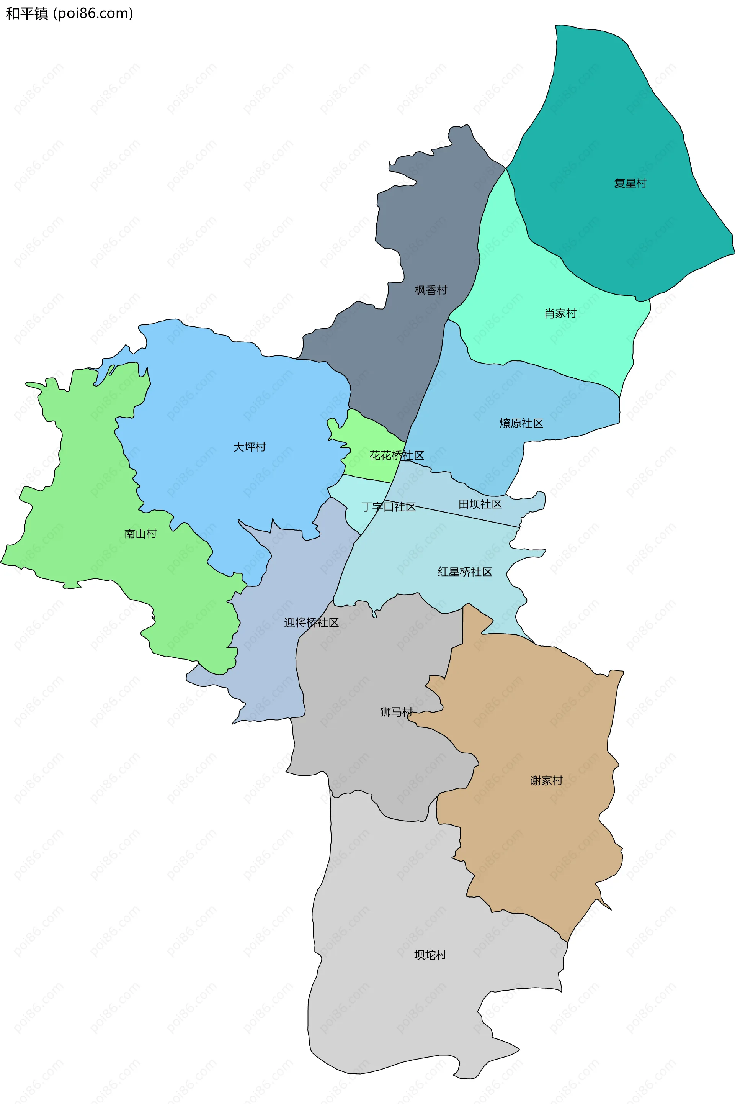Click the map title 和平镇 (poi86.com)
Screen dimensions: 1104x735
pos(69,14)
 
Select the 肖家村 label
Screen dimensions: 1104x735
pos(560,313)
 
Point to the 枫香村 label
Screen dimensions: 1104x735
pos(431,290)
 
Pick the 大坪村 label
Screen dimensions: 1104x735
pos(249,447)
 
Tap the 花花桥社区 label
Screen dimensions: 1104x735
pos(397,455)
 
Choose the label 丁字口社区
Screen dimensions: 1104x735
pos(389,507)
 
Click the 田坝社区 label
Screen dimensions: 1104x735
pos(480,504)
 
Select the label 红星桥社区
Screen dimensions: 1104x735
pos(465,572)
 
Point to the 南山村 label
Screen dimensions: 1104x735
pos(140,534)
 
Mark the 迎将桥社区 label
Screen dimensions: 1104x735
pos(311,622)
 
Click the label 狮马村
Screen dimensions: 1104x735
pos(397,712)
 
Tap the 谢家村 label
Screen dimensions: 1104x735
pos(547,780)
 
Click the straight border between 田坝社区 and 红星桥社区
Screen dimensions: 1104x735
pos(464,516)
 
